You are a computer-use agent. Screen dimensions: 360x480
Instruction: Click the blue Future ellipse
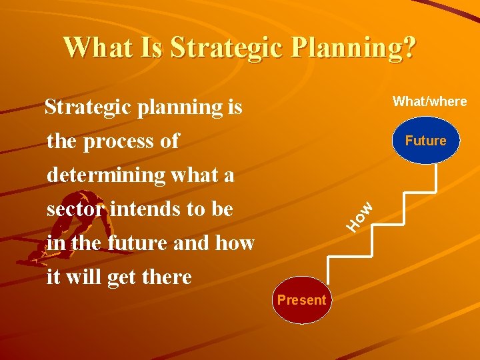point(425,141)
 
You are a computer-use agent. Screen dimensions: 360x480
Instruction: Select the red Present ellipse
point(301,300)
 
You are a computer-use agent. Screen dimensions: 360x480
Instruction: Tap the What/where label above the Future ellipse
point(429,101)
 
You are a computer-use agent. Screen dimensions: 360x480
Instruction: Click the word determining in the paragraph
point(106,175)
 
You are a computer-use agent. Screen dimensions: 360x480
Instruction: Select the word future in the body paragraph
point(137,243)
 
